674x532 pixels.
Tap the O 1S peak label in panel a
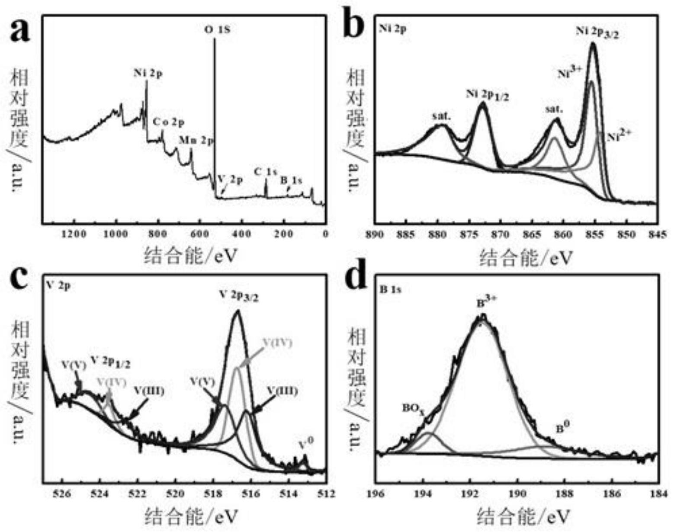click(217, 30)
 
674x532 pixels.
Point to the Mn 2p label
click(196, 141)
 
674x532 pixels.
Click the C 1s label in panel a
click(265, 172)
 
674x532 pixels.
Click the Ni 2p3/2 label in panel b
click(597, 32)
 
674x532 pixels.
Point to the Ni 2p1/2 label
click(487, 95)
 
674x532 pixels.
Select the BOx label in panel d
click(413, 408)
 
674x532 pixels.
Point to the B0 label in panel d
click(562, 428)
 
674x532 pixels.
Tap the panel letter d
click(357, 278)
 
